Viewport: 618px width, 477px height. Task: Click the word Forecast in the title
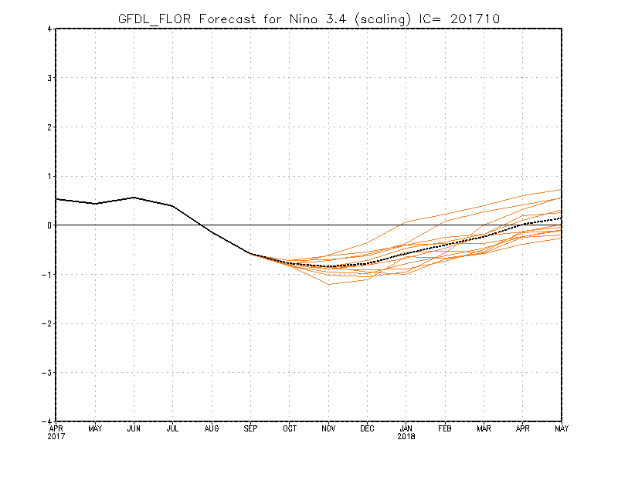(227, 19)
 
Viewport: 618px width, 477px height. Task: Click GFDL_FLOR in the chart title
(154, 19)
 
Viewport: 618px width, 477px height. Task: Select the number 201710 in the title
(475, 19)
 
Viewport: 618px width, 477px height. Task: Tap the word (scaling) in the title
(382, 19)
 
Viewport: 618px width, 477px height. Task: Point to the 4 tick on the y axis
(49, 29)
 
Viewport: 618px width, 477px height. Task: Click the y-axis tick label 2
(49, 127)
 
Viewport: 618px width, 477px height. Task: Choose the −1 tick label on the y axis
(47, 275)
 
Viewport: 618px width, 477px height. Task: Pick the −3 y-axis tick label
(47, 373)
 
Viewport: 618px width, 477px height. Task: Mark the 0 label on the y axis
(49, 225)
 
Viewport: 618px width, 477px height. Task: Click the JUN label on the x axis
(134, 428)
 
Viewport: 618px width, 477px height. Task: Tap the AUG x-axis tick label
(212, 428)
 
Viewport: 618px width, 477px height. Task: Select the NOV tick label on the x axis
(328, 428)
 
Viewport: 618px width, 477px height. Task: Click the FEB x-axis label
(445, 428)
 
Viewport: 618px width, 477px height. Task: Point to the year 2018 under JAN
(406, 436)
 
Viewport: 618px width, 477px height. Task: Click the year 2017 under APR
(56, 436)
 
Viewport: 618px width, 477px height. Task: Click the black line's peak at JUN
(134, 198)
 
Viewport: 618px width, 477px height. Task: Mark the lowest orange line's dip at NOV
(329, 284)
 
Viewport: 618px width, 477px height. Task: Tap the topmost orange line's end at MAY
(562, 190)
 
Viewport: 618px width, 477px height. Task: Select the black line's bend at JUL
(172, 205)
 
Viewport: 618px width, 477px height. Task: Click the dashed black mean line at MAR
(484, 236)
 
